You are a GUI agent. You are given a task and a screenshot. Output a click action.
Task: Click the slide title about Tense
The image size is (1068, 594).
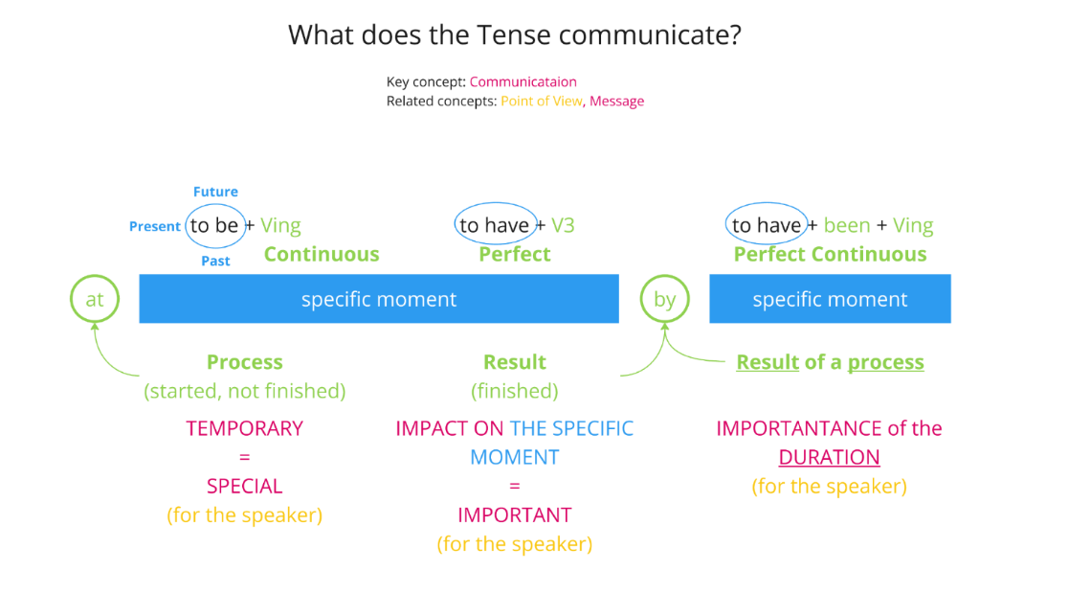tap(515, 35)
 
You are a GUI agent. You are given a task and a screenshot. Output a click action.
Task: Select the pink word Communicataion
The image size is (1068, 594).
tap(523, 82)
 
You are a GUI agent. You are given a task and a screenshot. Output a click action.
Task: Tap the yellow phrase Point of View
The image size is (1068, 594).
tap(541, 102)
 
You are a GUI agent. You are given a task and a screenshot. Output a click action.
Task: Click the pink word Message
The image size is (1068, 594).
tap(617, 102)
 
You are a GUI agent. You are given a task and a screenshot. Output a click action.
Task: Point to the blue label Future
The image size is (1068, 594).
tap(215, 192)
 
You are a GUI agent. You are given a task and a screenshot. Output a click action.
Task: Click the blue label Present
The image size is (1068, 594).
tap(155, 227)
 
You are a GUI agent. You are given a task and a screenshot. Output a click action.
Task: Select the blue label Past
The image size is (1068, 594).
tap(215, 262)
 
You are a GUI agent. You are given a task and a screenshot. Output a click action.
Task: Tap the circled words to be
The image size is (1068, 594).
tap(214, 226)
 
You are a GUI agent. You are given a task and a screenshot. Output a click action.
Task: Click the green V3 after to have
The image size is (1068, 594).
tap(563, 226)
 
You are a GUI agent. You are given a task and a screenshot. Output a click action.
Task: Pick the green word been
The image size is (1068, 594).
tap(847, 226)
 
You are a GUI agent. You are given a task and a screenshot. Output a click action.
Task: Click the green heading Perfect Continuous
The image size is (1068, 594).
tap(830, 255)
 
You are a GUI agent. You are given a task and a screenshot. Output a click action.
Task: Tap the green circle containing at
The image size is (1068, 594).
tap(95, 299)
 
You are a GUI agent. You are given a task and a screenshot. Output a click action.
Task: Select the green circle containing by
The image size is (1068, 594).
tap(664, 299)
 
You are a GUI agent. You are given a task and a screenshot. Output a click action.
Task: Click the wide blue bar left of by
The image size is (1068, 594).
tap(379, 299)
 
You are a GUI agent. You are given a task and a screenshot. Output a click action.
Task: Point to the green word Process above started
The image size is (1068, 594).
tap(245, 362)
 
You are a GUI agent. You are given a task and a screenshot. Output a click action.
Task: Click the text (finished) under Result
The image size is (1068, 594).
tap(515, 391)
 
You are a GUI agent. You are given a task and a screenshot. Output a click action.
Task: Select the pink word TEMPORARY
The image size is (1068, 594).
tap(245, 428)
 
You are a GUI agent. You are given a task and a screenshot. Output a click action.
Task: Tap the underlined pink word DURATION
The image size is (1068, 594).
tap(829, 457)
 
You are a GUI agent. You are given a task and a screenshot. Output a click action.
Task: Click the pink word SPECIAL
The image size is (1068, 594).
tap(245, 486)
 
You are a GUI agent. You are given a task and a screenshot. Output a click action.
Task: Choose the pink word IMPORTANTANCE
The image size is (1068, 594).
tap(796, 428)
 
